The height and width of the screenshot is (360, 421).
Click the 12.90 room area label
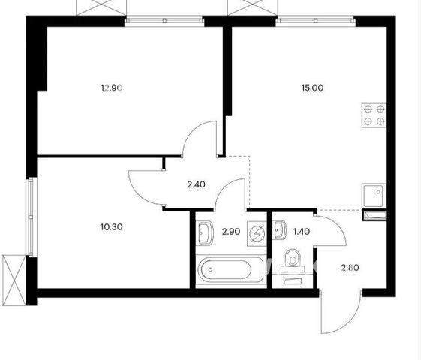[x=112, y=88]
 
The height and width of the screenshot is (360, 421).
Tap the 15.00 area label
[x=312, y=88]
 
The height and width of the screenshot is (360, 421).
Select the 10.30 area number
[x=112, y=227]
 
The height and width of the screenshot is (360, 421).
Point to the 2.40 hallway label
[x=197, y=184]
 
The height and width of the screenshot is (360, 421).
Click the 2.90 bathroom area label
[x=231, y=232]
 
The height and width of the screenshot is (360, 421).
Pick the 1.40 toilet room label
[x=302, y=231]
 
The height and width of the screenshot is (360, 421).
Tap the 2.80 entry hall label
[x=350, y=268]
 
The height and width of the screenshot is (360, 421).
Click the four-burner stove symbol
[x=374, y=115]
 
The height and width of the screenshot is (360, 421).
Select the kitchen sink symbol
[x=374, y=195]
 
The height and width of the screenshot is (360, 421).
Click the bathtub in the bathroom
[x=231, y=269]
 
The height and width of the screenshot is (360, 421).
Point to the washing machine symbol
[x=257, y=234]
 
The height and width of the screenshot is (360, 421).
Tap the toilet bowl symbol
[x=293, y=258]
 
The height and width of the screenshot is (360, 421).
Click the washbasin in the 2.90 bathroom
[x=206, y=232]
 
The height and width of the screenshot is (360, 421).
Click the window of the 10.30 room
[x=32, y=217]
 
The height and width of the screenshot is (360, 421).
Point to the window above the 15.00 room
[x=316, y=20]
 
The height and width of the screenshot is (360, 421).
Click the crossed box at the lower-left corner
[x=14, y=280]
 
